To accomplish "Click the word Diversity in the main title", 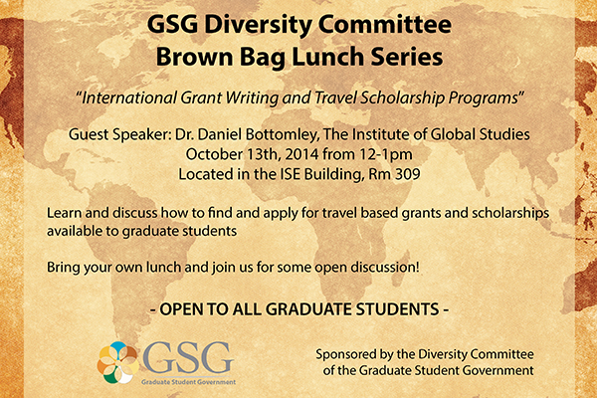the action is click(x=258, y=25).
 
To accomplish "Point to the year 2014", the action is click(x=301, y=154).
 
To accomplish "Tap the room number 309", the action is click(x=408, y=174).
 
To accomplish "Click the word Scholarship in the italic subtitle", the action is click(x=402, y=98).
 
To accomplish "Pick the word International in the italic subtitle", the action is click(x=129, y=98).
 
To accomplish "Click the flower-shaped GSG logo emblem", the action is click(x=118, y=362).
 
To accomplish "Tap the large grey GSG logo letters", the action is click(x=187, y=358).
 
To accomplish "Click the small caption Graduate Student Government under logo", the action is click(x=188, y=382).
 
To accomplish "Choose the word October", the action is click(x=214, y=154).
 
